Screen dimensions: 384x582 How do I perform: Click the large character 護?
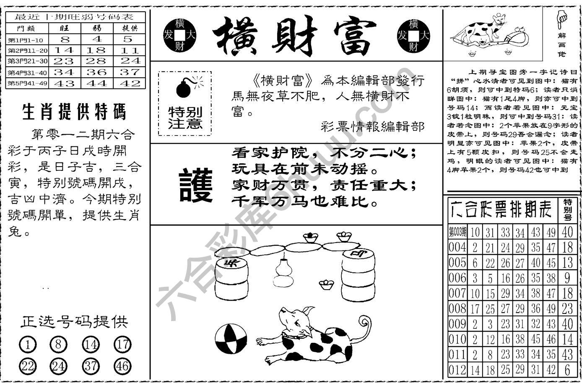point(196,185)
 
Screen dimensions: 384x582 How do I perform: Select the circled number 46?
point(122,366)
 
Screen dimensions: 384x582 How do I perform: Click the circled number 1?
point(28,345)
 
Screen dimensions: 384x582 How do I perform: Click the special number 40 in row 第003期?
point(567,232)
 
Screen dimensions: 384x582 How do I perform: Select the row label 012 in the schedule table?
point(457,370)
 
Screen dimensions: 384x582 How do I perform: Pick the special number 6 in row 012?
point(567,370)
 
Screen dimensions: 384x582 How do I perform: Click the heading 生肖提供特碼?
point(74,112)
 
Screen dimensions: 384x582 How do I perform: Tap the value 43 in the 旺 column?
point(65,84)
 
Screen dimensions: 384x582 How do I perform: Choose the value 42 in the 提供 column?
point(129,84)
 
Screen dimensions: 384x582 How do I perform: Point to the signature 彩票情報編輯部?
point(372,127)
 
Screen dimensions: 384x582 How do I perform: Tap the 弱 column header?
point(97,29)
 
